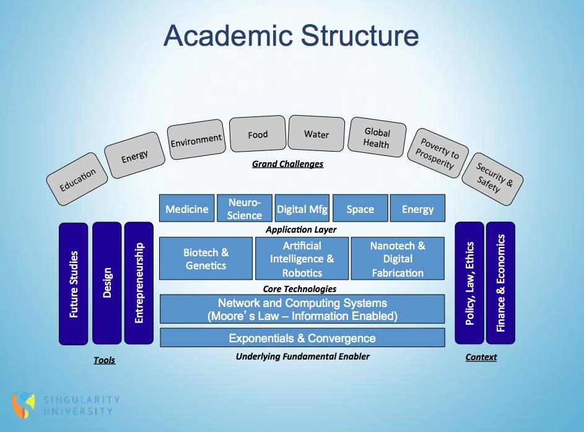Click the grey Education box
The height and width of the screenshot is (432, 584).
[77, 179]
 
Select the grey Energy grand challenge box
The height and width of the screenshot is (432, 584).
[134, 155]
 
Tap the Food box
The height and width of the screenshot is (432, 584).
[258, 134]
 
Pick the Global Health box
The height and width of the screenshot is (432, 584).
[377, 137]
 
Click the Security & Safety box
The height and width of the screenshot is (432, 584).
[492, 179]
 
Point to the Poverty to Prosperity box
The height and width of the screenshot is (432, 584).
[438, 153]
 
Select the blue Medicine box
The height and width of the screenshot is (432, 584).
[187, 209]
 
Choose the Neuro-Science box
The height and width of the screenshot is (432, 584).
[245, 209]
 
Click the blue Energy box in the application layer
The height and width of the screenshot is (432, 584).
[417, 209]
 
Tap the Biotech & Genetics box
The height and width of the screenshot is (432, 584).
[206, 259]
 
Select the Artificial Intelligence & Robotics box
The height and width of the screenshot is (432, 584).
[302, 259]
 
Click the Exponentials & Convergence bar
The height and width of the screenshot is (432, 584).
[302, 338]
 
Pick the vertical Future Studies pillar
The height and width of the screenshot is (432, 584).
[73, 284]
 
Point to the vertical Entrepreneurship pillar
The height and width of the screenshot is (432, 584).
[139, 283]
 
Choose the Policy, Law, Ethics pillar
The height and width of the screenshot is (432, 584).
[469, 283]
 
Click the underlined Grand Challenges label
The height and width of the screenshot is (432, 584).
[287, 164]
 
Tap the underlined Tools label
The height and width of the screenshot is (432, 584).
[104, 360]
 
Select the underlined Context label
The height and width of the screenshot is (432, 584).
[481, 357]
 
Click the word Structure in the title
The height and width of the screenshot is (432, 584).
[360, 36]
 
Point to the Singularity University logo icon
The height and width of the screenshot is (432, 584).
[24, 405]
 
